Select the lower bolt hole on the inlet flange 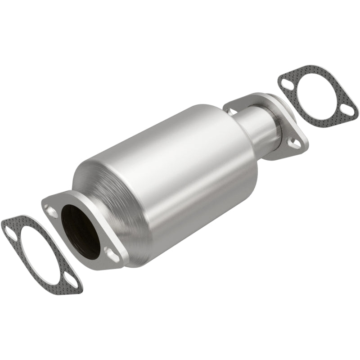tap(109, 252)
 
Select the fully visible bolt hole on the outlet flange tap(293, 144)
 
